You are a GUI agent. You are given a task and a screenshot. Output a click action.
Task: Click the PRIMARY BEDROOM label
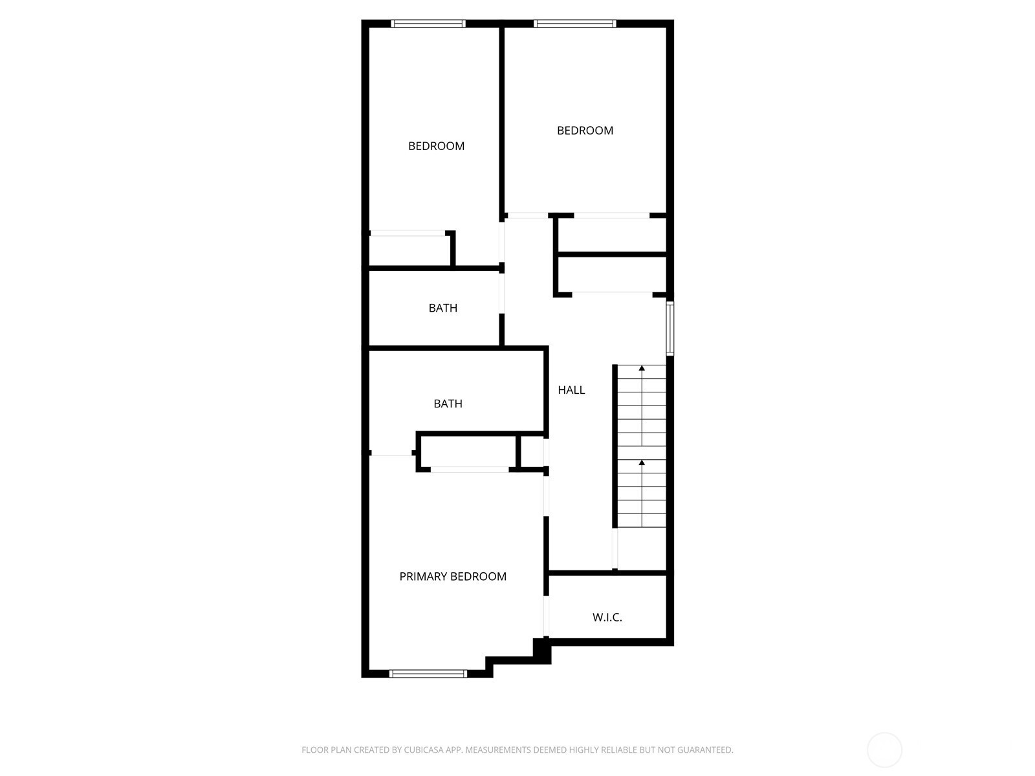(x=453, y=576)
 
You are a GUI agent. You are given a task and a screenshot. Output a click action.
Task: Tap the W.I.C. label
(x=607, y=617)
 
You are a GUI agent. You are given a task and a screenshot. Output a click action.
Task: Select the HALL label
(x=571, y=390)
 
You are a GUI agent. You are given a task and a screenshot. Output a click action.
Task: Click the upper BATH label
(x=442, y=308)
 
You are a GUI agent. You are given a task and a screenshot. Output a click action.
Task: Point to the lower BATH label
(x=448, y=404)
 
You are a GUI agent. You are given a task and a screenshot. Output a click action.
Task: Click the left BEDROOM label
(x=436, y=146)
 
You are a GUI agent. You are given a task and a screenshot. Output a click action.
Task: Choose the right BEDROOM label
(x=585, y=131)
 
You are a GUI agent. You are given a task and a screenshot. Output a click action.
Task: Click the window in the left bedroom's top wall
(x=428, y=23)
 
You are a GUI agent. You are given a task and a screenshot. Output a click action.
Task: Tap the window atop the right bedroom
(x=575, y=23)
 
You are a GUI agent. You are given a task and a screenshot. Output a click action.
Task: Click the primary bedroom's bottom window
(x=428, y=674)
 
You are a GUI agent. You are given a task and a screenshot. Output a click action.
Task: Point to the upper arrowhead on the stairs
(x=641, y=368)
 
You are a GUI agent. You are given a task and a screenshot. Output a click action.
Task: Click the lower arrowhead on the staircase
(x=641, y=462)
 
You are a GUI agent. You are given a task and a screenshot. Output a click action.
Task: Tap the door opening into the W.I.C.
(x=546, y=616)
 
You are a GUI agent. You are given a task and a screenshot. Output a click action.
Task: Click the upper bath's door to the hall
(x=502, y=293)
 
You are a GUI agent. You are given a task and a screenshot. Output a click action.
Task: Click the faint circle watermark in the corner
(x=884, y=750)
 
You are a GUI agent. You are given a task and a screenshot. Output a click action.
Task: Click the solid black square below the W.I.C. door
(x=542, y=651)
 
